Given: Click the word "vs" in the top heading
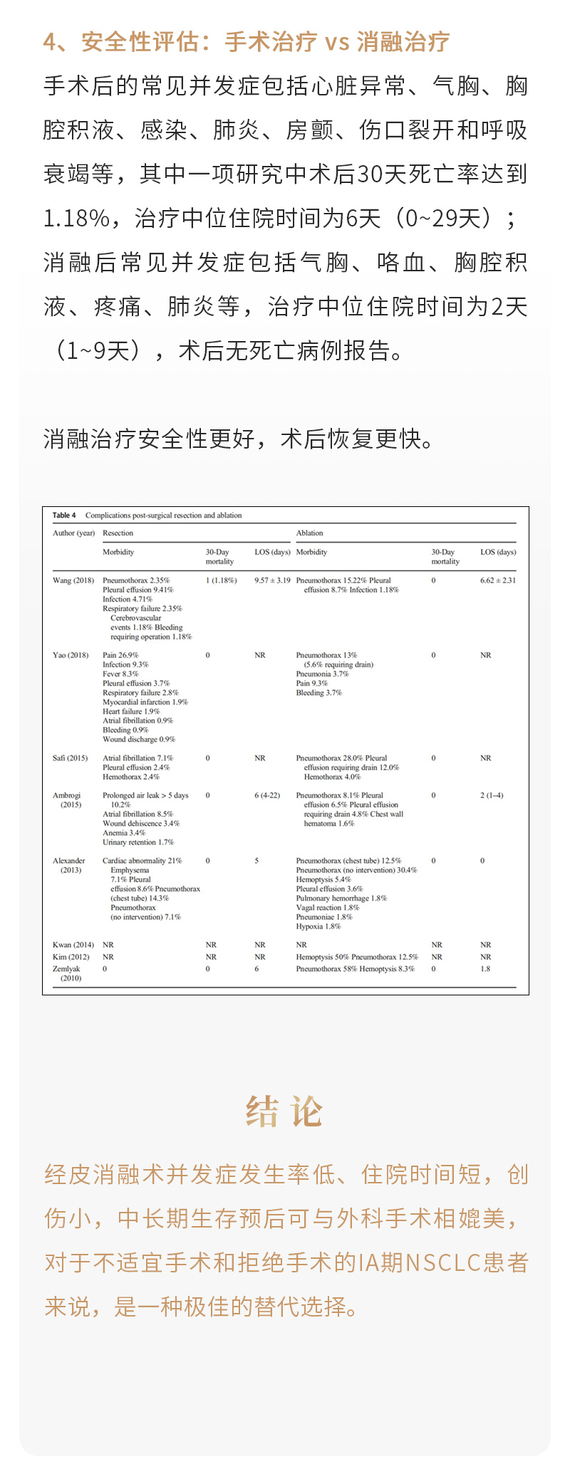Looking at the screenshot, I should (337, 42).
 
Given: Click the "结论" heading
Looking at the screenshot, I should (284, 1111).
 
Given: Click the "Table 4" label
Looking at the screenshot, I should (64, 515).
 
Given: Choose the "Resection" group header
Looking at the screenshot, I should (118, 533).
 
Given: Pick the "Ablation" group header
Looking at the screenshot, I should (309, 533).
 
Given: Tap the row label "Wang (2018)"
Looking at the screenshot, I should (73, 580).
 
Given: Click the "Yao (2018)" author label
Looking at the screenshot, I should (71, 655).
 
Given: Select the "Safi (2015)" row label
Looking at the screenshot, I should (70, 758).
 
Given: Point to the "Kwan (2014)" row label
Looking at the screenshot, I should (73, 945).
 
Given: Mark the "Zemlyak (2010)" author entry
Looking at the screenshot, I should (70, 973).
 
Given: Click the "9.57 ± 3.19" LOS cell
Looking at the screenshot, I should (272, 580).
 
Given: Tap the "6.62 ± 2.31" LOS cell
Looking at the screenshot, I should (498, 580).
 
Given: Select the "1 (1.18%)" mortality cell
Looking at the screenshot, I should (222, 580).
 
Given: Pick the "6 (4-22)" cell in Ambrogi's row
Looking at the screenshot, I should (267, 795).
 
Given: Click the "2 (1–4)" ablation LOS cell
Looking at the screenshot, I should (492, 795).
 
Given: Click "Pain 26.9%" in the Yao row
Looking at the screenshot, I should (120, 655).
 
